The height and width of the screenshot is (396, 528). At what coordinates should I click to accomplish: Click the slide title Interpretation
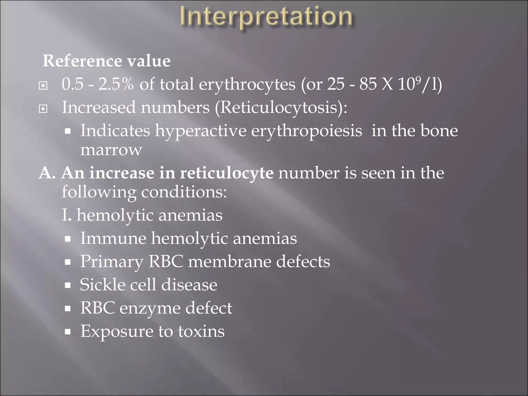266,17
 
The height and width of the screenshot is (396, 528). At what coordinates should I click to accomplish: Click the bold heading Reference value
106,61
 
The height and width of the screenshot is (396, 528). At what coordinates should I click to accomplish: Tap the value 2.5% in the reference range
116,84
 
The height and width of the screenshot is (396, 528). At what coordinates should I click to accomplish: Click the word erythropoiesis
307,131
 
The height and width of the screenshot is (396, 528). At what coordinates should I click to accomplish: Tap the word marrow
111,150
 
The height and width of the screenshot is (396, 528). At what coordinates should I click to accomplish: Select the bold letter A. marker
47,173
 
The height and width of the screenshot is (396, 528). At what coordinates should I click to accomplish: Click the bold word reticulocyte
226,173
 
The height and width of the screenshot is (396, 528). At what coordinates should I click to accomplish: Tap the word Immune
113,238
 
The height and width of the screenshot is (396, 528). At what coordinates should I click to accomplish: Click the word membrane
229,262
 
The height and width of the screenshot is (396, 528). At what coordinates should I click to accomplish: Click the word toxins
201,331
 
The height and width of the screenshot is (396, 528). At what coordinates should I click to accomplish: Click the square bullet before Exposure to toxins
68,332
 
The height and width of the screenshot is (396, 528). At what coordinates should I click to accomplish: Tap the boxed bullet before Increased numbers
43,109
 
